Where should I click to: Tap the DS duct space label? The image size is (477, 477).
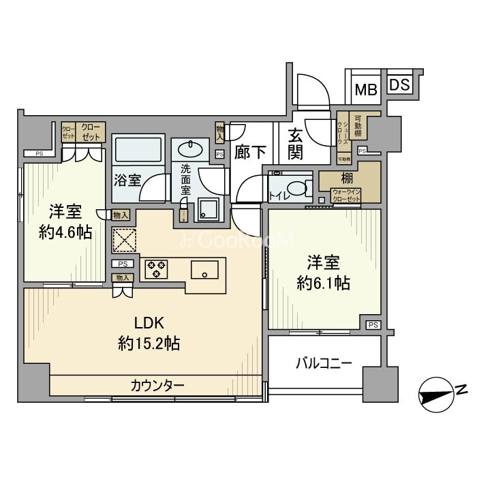point(401,85)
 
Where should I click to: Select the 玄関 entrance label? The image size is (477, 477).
point(295,144)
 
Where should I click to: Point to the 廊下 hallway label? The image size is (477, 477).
point(250,152)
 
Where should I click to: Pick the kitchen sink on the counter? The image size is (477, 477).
point(204,270)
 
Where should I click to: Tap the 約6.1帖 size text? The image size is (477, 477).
point(323,282)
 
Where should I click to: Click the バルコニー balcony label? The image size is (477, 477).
point(323,363)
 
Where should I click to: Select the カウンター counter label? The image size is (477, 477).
point(157,386)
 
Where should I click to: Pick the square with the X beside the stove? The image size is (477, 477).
point(124,240)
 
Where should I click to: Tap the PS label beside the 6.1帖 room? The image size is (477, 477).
point(373,325)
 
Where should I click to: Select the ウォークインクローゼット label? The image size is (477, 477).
point(347,196)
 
